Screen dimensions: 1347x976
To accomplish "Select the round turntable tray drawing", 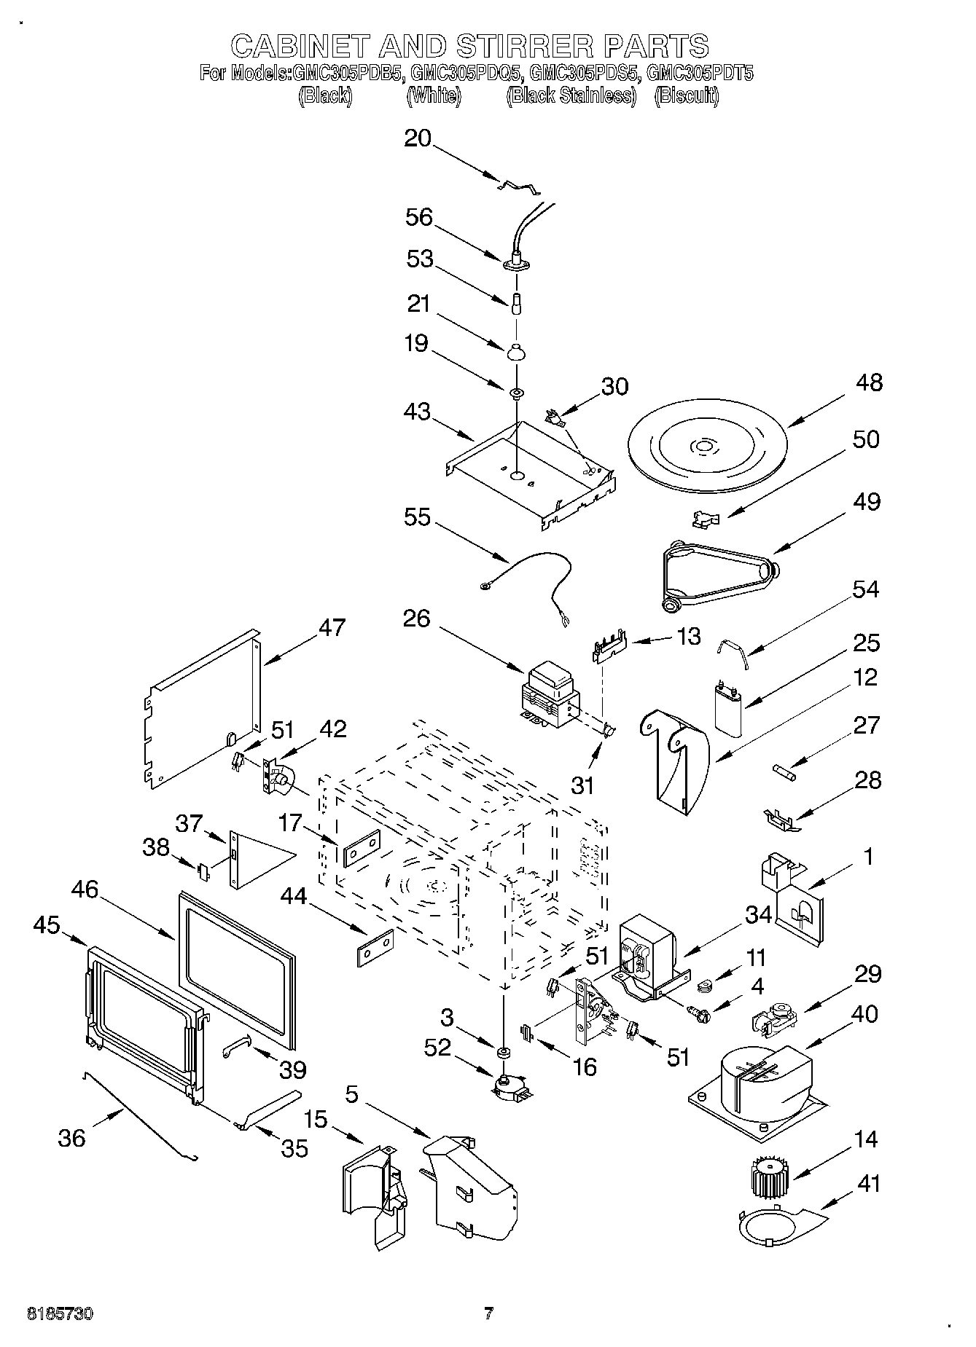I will coord(704,447).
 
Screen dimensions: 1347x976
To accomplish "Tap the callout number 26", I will coord(416,618).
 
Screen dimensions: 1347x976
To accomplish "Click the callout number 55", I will coord(418,517).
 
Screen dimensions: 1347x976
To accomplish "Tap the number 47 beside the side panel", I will coord(332,628).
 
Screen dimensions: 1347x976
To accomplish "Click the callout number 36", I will coord(71,1138).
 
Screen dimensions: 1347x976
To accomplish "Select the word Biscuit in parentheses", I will coord(687,95).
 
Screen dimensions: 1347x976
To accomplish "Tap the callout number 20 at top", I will coord(418,138).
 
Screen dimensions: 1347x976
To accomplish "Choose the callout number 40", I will coord(865,1013).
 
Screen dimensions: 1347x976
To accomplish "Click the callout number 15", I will coord(316,1119).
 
